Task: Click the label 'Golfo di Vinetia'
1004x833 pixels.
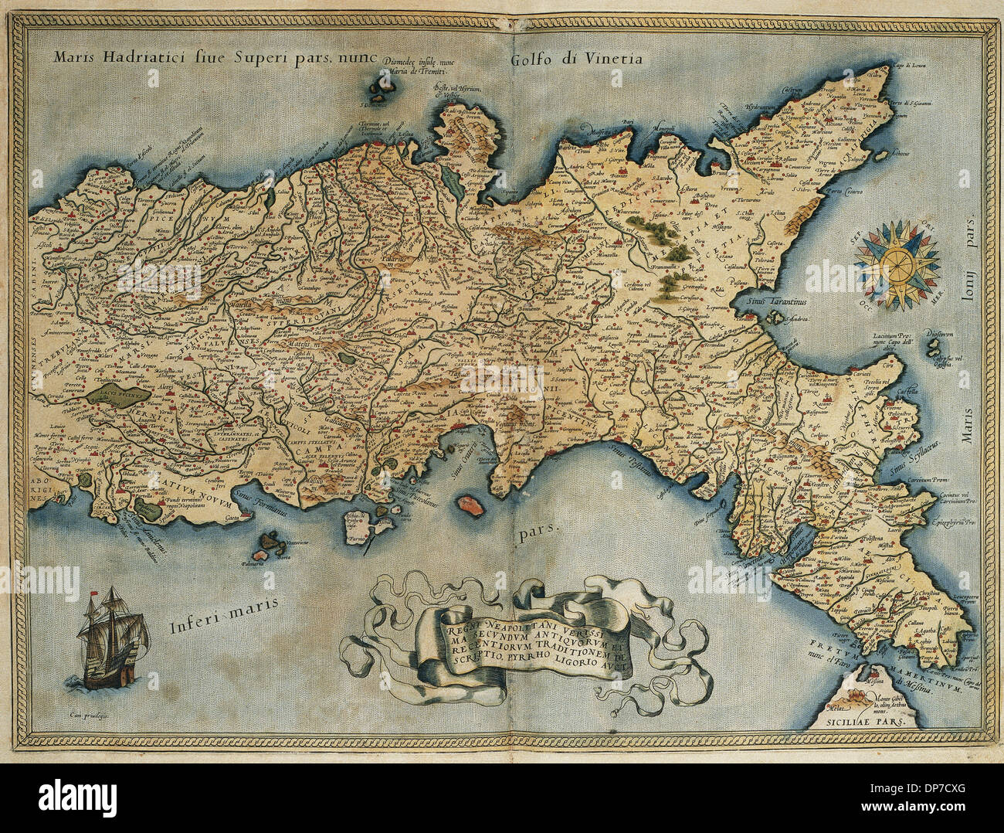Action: tap(576, 59)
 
